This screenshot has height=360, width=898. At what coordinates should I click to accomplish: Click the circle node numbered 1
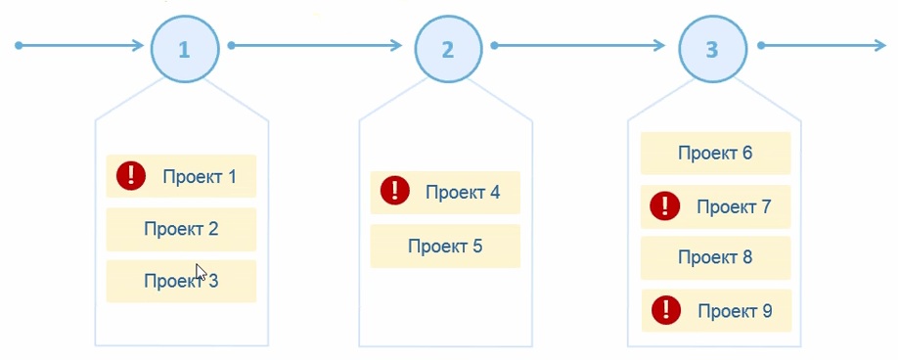point(184,47)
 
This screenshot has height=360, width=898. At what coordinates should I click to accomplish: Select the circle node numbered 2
point(448,47)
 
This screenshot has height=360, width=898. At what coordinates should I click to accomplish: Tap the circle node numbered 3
point(711,47)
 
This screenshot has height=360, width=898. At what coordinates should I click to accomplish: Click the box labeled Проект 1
point(181,176)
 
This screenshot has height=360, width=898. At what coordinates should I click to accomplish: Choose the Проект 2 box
point(181,229)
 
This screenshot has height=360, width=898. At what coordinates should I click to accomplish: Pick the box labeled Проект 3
point(181,282)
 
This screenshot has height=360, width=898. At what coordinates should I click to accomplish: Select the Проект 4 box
point(445,192)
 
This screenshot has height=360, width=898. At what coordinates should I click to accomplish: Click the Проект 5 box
point(445,246)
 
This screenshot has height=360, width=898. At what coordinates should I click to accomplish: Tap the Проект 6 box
point(715,153)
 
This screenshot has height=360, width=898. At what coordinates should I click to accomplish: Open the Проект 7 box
point(715,206)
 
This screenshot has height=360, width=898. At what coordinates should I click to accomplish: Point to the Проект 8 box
point(715,257)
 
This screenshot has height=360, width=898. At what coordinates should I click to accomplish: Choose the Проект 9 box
point(716,311)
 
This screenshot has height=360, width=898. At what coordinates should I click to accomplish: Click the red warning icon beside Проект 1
point(130,176)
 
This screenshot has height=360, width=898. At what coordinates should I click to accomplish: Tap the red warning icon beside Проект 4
point(394,191)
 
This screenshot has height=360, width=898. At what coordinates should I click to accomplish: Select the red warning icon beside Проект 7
point(666,205)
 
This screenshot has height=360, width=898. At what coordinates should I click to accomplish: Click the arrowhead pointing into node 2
point(395,45)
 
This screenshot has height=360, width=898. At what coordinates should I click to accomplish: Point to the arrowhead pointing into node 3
point(661,45)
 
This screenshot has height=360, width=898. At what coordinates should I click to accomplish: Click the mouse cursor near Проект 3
point(201,272)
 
